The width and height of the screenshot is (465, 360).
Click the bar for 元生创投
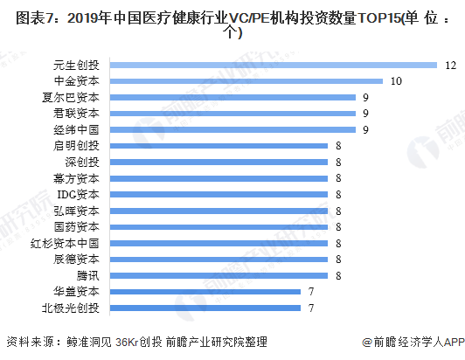pyautogui.click(x=272, y=65)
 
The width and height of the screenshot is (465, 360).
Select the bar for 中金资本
pyautogui.click(x=245, y=80)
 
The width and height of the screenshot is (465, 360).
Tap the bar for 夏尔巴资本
pyautogui.click(x=232, y=97)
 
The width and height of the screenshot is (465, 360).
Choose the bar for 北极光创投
pyautogui.click(x=204, y=308)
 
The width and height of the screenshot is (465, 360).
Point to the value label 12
pyautogui.click(x=449, y=65)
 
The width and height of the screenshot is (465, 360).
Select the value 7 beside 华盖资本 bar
pyautogui.click(x=309, y=292)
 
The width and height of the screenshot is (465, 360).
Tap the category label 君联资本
pyautogui.click(x=76, y=113)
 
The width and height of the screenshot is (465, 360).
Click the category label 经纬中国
pyautogui.click(x=76, y=129)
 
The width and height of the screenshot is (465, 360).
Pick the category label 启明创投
pyautogui.click(x=76, y=146)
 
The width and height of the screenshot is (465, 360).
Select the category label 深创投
pyautogui.click(x=82, y=162)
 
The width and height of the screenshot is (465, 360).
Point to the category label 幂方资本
pyautogui.click(x=76, y=178)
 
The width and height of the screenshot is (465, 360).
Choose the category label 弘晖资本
pyautogui.click(x=76, y=211)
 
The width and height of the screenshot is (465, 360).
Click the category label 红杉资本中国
pyautogui.click(x=70, y=243)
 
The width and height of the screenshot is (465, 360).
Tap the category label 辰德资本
pyautogui.click(x=76, y=260)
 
